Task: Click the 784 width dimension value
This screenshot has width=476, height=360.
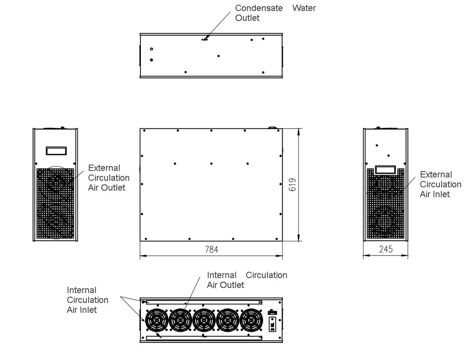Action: [x=211, y=249]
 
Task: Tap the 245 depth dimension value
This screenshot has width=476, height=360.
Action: [x=386, y=249]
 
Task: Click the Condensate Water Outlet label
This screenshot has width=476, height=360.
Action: [x=275, y=13]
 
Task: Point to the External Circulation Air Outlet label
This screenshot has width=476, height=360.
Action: [x=108, y=178]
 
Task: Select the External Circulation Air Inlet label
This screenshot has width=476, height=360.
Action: [x=440, y=184]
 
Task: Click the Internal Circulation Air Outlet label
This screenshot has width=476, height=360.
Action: [x=247, y=280]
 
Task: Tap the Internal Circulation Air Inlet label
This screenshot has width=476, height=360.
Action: [x=88, y=300]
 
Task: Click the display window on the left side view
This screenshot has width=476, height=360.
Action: [x=56, y=150]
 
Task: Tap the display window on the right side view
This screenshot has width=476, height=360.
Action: [x=386, y=170]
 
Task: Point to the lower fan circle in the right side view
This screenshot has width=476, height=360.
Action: [x=385, y=222]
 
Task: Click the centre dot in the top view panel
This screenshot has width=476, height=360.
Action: [x=219, y=56]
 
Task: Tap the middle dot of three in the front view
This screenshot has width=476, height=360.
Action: [x=211, y=163]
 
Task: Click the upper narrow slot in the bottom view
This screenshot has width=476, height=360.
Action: [x=202, y=301]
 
